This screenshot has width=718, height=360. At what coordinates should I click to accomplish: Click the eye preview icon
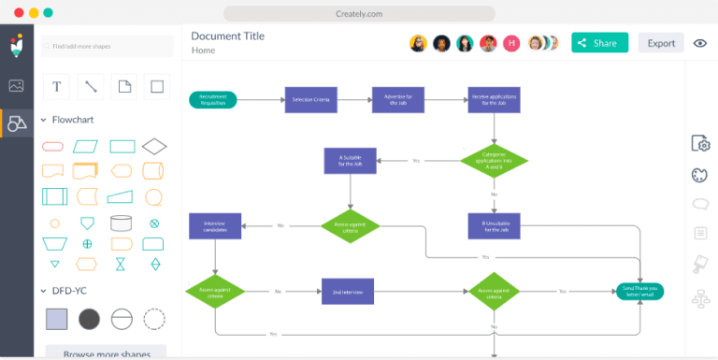pos(699,43)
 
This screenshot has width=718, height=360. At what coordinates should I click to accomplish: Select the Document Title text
pos(227,36)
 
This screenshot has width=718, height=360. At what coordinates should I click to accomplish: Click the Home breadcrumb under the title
pos(203,50)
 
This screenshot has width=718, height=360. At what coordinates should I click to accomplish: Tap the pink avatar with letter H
pos(511,43)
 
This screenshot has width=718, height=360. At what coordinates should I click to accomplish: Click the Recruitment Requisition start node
pos(213,99)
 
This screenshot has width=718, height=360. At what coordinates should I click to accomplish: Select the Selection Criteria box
pos(310,99)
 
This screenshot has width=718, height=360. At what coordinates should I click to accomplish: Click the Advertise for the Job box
pos(399,99)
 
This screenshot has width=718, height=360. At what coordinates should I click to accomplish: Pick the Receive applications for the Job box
pos(494,99)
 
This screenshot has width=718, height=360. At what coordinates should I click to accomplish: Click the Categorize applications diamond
pos(494,159)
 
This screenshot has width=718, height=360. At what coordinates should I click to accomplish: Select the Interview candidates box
pos(215,225)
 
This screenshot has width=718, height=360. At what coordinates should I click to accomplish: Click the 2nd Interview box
pos(348,291)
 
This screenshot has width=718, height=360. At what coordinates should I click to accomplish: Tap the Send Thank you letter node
pos(640,291)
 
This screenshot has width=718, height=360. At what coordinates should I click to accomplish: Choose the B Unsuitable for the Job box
pos(494,225)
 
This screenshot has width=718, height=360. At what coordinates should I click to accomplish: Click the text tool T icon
pos(57,86)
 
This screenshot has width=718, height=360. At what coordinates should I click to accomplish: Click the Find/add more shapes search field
pos(107,46)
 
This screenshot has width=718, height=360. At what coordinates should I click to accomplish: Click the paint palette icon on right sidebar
pos(699,175)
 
